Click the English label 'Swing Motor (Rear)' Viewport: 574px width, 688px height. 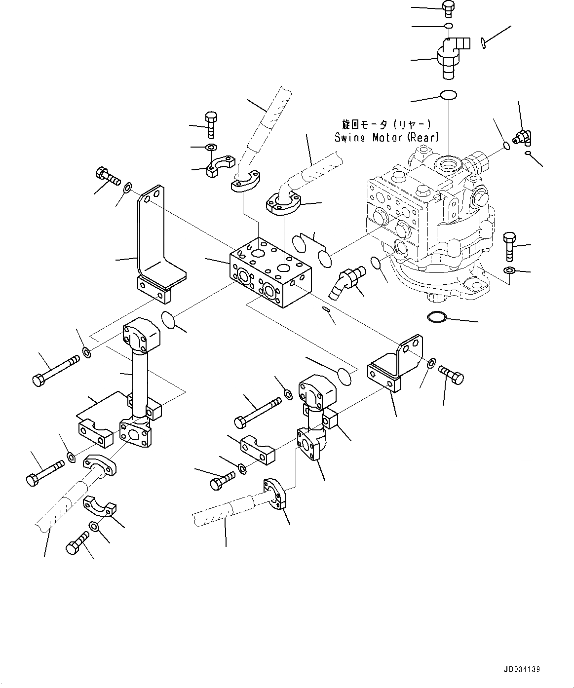point(386,138)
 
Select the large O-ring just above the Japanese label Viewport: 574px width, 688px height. point(448,95)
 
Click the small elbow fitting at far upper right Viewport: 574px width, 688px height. point(522,138)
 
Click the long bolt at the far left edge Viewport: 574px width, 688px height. point(54,370)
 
